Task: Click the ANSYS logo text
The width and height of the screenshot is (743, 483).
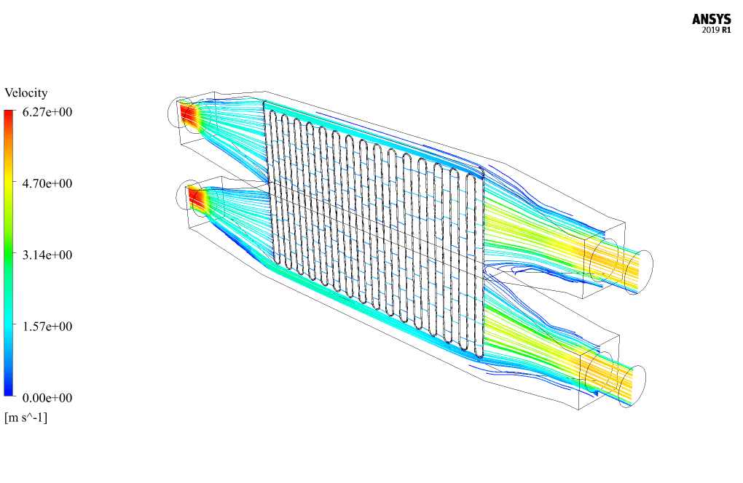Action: click(x=711, y=20)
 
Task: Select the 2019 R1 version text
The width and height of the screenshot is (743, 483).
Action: click(x=717, y=31)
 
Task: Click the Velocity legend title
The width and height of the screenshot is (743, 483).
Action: click(x=26, y=92)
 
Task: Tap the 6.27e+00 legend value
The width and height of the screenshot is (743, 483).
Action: click(x=47, y=112)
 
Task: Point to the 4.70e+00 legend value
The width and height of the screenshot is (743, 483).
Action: click(x=47, y=183)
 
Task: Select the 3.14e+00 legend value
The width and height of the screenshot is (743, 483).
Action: click(x=47, y=255)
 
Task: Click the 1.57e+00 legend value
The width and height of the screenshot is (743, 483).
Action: click(x=47, y=327)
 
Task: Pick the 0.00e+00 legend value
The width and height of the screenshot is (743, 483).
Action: click(x=47, y=398)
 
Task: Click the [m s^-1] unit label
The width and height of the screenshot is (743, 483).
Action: click(x=26, y=418)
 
